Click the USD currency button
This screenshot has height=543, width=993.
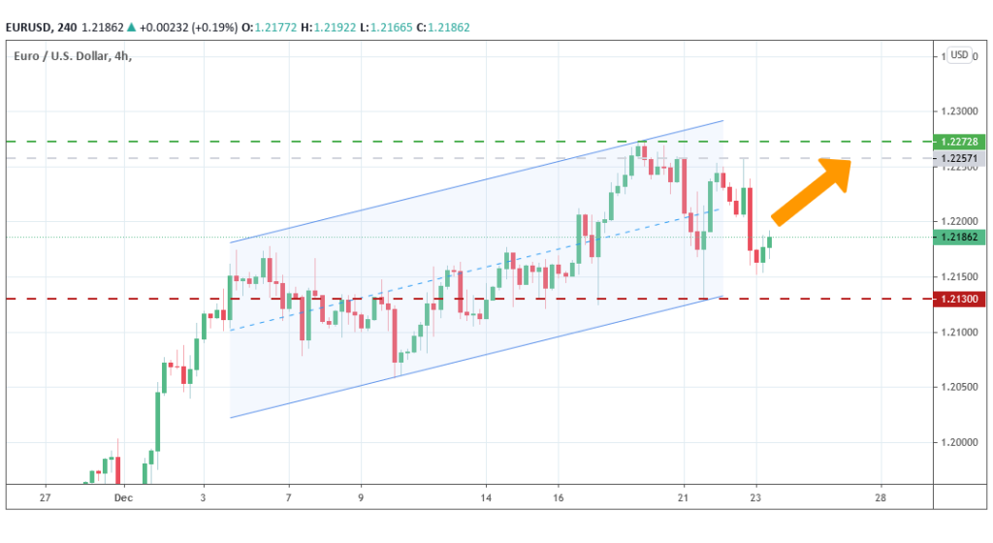959,55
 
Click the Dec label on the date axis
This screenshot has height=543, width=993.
122,496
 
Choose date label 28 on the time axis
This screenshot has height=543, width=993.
881,496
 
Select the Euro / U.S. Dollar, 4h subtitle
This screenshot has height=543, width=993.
73,55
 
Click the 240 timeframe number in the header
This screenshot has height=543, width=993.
81,27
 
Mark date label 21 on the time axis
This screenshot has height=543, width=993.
684,496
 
